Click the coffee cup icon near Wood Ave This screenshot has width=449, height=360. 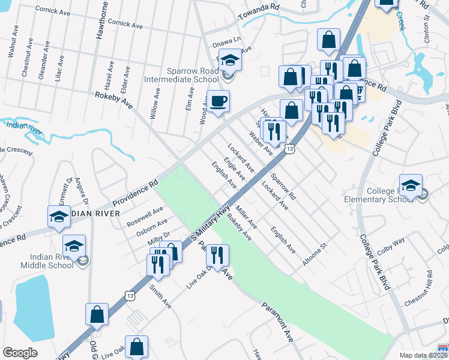218,101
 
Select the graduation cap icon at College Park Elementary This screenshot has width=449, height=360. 411,185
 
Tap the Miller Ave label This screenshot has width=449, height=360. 246,218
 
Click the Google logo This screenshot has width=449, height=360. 20,353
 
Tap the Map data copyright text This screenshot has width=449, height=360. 423,355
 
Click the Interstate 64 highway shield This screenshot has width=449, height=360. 443,349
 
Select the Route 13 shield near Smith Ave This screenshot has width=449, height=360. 130,295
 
